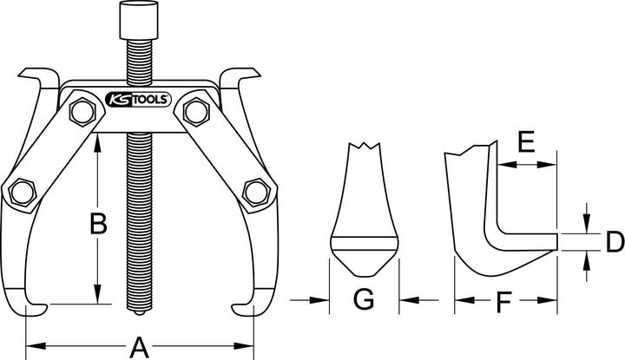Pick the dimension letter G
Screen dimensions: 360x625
364,301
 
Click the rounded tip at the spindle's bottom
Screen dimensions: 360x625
140,312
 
